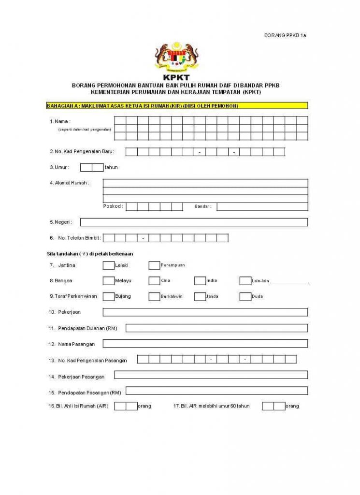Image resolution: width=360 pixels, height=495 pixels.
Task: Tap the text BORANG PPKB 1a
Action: pos(285,36)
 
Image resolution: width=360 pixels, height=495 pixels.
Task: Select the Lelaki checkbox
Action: pos(109,265)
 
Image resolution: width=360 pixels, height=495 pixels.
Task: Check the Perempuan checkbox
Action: pos(154,265)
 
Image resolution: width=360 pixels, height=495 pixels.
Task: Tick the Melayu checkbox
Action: pos(109,281)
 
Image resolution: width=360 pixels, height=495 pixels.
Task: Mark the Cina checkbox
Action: pos(154,281)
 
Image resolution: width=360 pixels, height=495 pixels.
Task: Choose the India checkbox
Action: pos(200,281)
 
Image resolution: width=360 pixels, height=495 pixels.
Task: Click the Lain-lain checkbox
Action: pos(245,281)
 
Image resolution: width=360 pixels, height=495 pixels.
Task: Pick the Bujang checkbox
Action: pos(109,296)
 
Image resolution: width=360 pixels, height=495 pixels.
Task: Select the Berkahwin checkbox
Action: pos(154,296)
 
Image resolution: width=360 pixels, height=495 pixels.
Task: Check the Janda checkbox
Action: pos(200,296)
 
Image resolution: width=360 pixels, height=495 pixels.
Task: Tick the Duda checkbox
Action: pos(245,296)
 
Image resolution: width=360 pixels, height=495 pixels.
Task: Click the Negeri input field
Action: pos(194,222)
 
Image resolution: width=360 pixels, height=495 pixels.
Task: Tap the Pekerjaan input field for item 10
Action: pos(205,312)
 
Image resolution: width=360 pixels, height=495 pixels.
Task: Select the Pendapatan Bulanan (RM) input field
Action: pos(216,328)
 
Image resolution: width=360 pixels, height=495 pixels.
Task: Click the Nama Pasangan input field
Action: pos(205,344)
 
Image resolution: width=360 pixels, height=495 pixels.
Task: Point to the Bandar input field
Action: pos(262,206)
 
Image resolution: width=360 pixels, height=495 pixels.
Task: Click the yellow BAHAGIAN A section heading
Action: pos(177,105)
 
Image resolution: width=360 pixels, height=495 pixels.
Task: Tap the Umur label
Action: pos(59,167)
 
